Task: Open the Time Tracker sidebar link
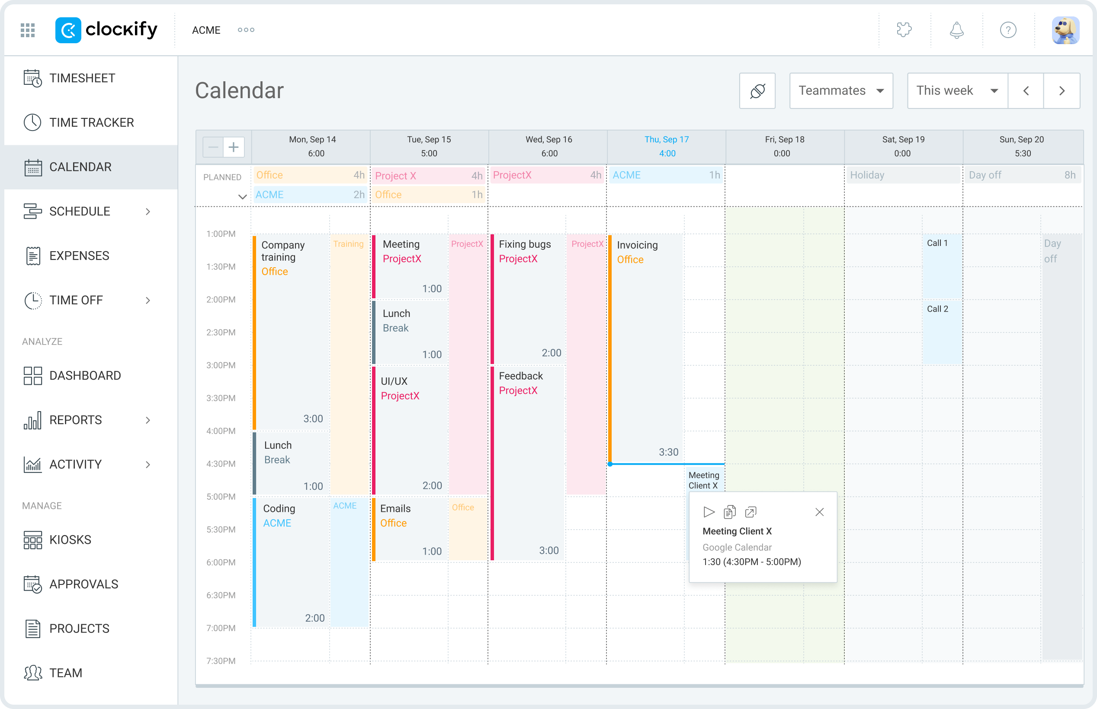(x=91, y=122)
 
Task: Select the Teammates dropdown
(x=840, y=91)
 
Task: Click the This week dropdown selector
(x=956, y=91)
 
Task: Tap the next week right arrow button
(x=1061, y=91)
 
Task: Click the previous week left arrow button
(x=1025, y=91)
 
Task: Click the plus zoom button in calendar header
(x=234, y=147)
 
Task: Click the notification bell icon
(x=956, y=30)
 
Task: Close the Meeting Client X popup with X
(x=819, y=512)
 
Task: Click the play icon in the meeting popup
(x=708, y=512)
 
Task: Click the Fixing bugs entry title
(x=524, y=244)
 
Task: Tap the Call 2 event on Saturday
(x=937, y=310)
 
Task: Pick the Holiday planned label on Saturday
(x=867, y=176)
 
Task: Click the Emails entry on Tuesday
(x=395, y=509)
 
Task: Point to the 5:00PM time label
(x=221, y=497)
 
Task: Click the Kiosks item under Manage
(x=70, y=540)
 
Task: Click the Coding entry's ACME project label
(x=277, y=524)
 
